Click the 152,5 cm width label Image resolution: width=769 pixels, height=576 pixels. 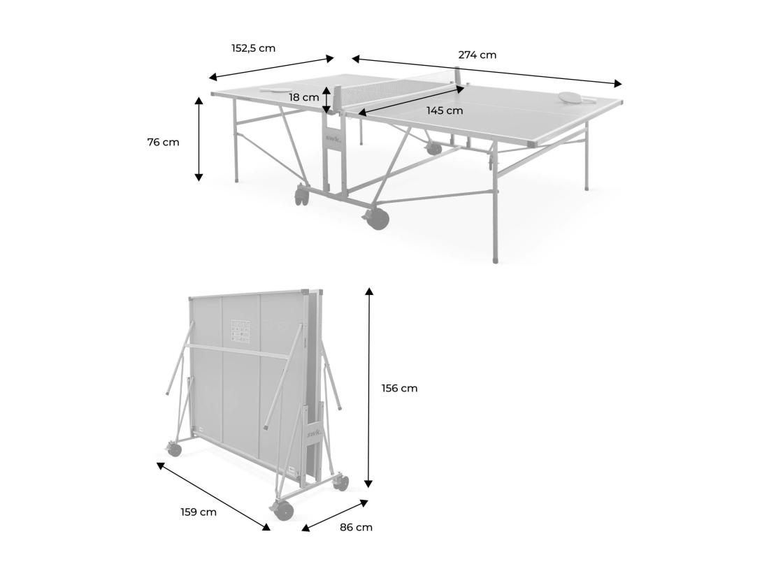pos(253,48)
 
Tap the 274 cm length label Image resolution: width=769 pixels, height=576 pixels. pos(477,55)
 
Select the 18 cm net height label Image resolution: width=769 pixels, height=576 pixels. pos(305,97)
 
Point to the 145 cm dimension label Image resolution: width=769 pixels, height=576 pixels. pos(445,110)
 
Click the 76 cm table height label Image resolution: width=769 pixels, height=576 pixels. pos(163,142)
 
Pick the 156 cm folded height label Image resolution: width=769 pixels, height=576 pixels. pos(399,388)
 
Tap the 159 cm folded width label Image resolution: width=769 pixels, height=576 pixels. pos(199,512)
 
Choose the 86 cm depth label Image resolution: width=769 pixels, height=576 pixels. pos(356,527)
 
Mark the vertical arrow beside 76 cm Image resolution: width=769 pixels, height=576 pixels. pos(199,139)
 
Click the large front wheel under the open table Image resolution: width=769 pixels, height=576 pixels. pos(378,218)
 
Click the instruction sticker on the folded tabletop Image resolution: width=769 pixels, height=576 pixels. pos(241,331)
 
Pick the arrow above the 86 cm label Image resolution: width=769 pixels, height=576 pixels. pos(335,515)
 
